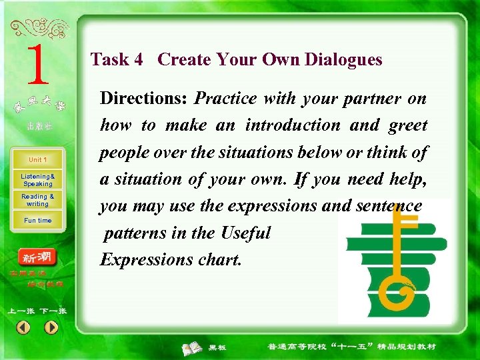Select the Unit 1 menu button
37,160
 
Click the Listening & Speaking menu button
37,180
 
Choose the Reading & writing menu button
37,200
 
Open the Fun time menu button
37,220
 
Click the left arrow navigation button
23,327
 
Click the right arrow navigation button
51,327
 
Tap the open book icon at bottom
193,347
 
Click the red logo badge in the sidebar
37,257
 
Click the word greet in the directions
407,125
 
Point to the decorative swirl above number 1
39,28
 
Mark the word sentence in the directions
391,206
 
